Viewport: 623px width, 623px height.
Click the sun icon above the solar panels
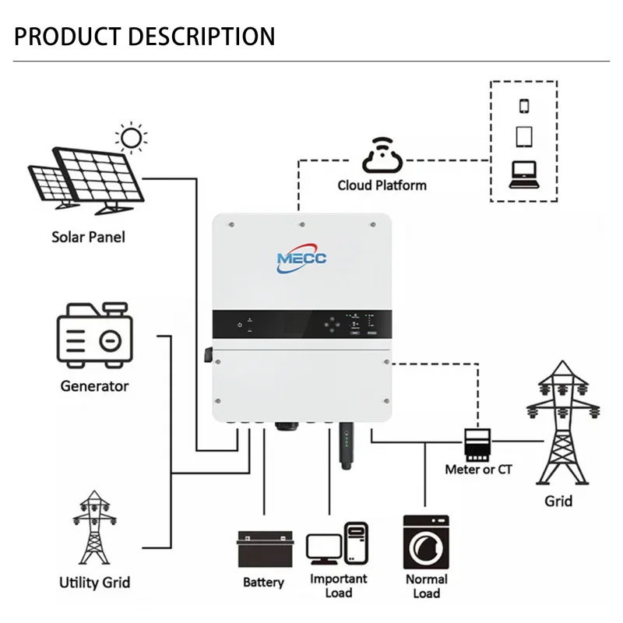click(x=132, y=139)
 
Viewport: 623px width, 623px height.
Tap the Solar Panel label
click(x=88, y=237)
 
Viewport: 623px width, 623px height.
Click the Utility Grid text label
click(x=94, y=582)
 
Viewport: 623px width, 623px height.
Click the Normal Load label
click(x=426, y=586)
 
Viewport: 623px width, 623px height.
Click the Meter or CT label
click(x=478, y=470)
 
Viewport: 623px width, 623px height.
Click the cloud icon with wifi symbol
click(x=381, y=155)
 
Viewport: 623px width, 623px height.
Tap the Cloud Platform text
click(x=382, y=185)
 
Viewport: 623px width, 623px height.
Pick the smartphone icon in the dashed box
click(x=523, y=106)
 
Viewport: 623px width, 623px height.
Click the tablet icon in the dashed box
click(x=523, y=137)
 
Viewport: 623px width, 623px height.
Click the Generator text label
click(x=94, y=385)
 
